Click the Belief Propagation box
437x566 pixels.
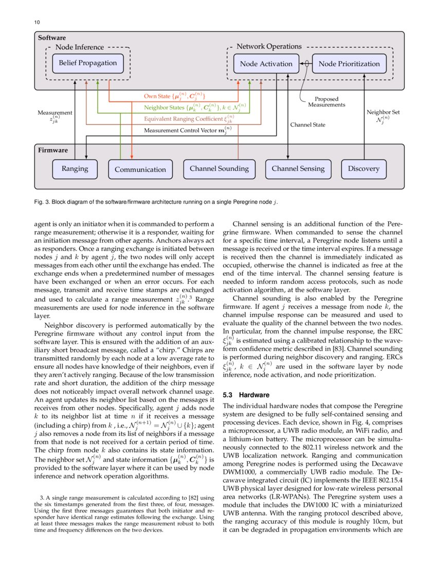pyautogui.click(x=87, y=63)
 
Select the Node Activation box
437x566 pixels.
pyautogui.click(x=266, y=64)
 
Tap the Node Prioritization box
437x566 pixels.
pyautogui.click(x=349, y=64)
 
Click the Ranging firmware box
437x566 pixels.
pyautogui.click(x=75, y=169)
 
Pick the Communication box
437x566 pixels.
pyautogui.click(x=140, y=169)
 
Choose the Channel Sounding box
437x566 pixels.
pyautogui.click(x=219, y=169)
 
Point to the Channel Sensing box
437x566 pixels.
pyautogui.click(x=298, y=169)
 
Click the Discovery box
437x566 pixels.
pyautogui.click(x=363, y=169)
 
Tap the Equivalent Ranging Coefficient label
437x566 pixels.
pyautogui.click(x=189, y=119)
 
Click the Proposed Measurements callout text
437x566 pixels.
pyautogui.click(x=326, y=102)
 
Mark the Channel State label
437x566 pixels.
pyautogui.click(x=307, y=125)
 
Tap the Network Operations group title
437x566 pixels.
pyautogui.click(x=269, y=47)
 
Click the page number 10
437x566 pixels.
pyautogui.click(x=37, y=23)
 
